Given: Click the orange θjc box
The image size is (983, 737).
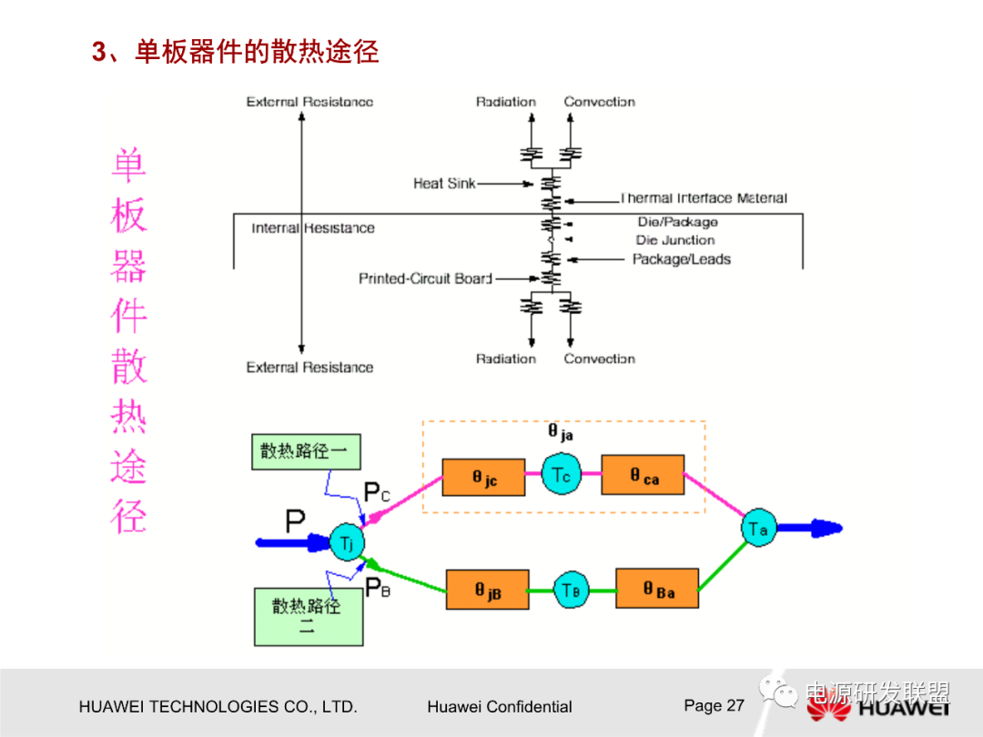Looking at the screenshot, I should click(483, 477).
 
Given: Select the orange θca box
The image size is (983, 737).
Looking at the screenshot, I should click(643, 476).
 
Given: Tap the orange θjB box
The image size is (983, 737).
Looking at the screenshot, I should click(487, 591).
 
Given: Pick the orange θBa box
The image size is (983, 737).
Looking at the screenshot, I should click(658, 589).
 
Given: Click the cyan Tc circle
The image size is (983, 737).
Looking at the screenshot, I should click(562, 474).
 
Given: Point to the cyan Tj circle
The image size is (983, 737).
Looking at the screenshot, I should click(346, 543).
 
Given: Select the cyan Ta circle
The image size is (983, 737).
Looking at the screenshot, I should click(757, 528).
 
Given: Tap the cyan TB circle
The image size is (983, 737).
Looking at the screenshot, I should click(571, 590).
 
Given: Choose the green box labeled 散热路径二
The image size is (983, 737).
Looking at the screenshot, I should click(308, 616).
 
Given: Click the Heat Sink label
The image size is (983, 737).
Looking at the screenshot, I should click(444, 184).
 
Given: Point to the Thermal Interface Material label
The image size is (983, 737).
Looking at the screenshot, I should click(704, 198).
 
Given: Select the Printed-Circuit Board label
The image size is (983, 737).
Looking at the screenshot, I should click(425, 278).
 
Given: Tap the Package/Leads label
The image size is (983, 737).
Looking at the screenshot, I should click(682, 259).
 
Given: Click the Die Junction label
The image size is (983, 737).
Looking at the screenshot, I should click(675, 240).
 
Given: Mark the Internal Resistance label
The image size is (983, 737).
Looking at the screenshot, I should click(313, 228).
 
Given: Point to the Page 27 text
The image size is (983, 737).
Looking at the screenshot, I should click(714, 705).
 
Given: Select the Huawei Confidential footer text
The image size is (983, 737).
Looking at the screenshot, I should click(499, 707).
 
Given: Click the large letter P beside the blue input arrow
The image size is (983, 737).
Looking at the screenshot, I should click(295, 522).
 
